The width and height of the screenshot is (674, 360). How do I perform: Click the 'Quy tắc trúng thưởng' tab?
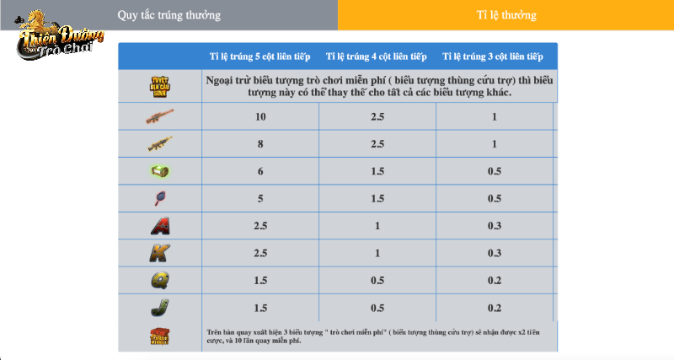(x=168, y=15)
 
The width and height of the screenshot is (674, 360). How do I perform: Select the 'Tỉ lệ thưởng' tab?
(x=505, y=15)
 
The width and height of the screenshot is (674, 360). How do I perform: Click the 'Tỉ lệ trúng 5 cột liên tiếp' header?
(x=260, y=56)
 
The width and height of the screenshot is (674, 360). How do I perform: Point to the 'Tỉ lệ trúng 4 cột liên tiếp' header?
(x=377, y=56)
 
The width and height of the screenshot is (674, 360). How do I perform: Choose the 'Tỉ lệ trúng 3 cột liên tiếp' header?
(x=494, y=56)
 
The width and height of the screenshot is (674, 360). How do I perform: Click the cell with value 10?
(x=260, y=116)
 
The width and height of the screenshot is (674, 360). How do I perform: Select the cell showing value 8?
(x=260, y=144)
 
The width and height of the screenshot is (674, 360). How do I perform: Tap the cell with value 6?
(x=260, y=171)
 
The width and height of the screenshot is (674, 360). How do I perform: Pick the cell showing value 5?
(x=260, y=199)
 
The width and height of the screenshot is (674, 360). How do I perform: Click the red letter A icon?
(x=159, y=226)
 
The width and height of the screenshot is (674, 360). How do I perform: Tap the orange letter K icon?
(x=159, y=253)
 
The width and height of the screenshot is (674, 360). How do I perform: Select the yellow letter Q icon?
(x=159, y=281)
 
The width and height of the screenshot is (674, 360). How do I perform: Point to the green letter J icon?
(x=159, y=308)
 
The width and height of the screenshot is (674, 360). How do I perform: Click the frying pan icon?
(x=159, y=199)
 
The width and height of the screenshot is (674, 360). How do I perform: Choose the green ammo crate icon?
(x=159, y=171)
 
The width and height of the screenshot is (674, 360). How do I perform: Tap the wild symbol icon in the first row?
(x=159, y=86)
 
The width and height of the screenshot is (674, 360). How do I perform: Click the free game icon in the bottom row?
(x=159, y=336)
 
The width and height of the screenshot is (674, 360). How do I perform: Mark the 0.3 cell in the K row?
(x=494, y=253)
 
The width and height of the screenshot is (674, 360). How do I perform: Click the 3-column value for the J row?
(x=494, y=308)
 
